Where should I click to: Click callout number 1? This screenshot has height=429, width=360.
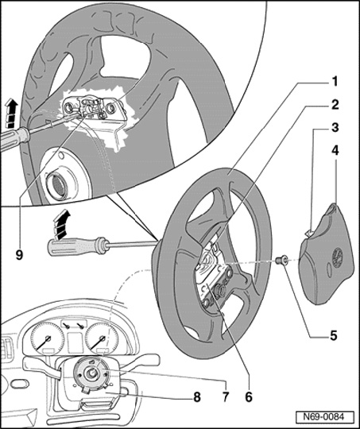(x=335, y=82)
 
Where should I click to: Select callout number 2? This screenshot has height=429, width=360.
(x=335, y=105)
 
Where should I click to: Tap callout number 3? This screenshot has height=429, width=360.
(x=335, y=128)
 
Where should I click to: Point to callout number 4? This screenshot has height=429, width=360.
(x=335, y=151)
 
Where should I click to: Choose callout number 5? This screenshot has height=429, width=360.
(x=334, y=336)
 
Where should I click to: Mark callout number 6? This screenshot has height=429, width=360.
(x=249, y=396)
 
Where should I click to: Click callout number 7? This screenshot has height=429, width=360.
(x=226, y=396)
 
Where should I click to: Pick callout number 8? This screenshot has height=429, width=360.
(x=197, y=397)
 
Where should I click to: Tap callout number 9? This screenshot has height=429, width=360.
(x=19, y=255)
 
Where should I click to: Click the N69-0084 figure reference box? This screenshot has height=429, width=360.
(x=324, y=417)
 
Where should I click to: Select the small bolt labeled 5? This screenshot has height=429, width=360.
(x=281, y=260)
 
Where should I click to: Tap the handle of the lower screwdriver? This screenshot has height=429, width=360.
(x=76, y=246)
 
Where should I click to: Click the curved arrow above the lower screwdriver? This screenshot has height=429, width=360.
(x=61, y=224)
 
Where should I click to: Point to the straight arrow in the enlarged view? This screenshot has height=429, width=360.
(x=11, y=114)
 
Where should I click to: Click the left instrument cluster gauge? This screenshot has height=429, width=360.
(x=48, y=338)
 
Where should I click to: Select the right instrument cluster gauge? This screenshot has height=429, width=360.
(x=102, y=338)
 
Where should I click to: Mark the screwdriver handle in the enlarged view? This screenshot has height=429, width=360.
(x=14, y=139)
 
